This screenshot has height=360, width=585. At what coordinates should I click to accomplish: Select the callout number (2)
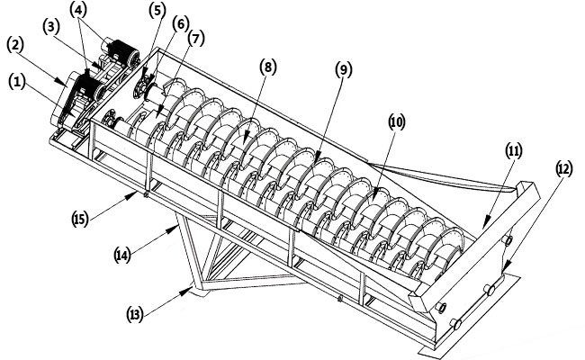pyautogui.click(x=15, y=43)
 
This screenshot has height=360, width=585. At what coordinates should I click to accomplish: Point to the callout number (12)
pyautogui.click(x=564, y=168)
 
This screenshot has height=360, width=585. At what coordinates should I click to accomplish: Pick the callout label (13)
pyautogui.click(x=135, y=313)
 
